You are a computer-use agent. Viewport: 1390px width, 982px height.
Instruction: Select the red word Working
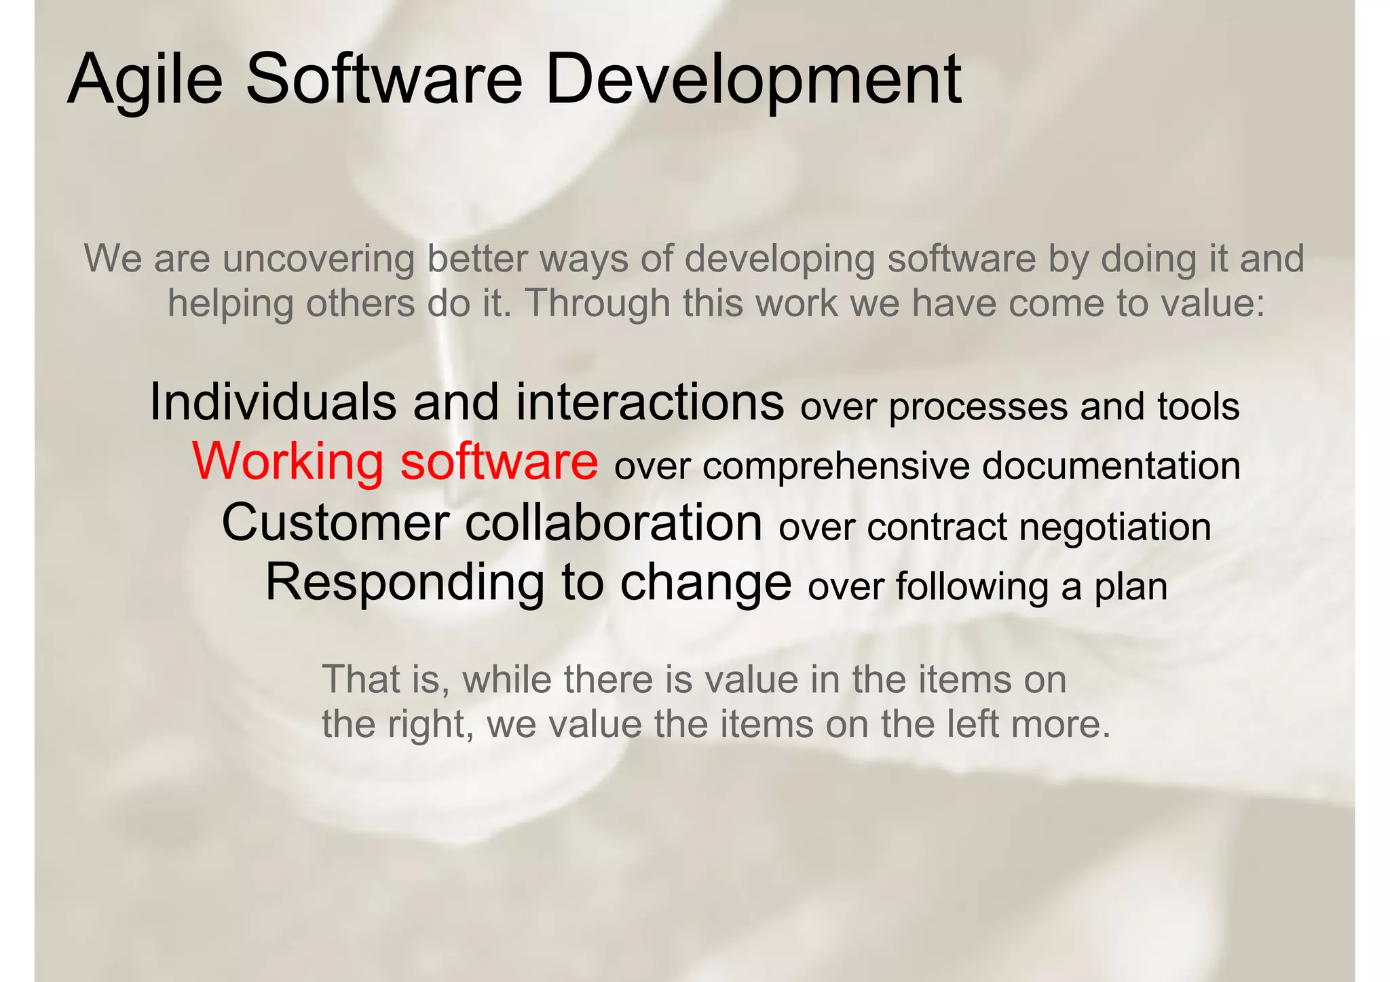(288, 461)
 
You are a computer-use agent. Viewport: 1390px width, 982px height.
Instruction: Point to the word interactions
(650, 402)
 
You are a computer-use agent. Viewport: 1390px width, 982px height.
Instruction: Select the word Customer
(335, 523)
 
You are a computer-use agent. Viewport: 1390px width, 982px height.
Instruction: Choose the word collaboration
(614, 523)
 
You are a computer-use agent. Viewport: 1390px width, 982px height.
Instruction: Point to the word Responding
(405, 582)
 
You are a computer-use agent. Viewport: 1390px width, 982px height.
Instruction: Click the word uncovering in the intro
(318, 259)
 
